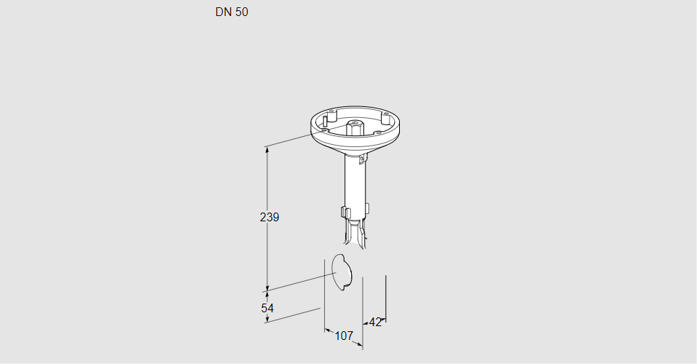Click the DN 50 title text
coord(232,12)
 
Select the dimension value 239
coord(269,218)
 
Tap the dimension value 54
coord(267,308)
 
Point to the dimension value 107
coord(344,336)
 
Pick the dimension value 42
coord(375,323)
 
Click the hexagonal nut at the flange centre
coord(354,127)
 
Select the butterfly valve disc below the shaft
coord(342,272)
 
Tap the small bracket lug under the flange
coord(364,158)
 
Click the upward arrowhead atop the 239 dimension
coord(267,150)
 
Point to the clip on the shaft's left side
coord(344,212)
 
